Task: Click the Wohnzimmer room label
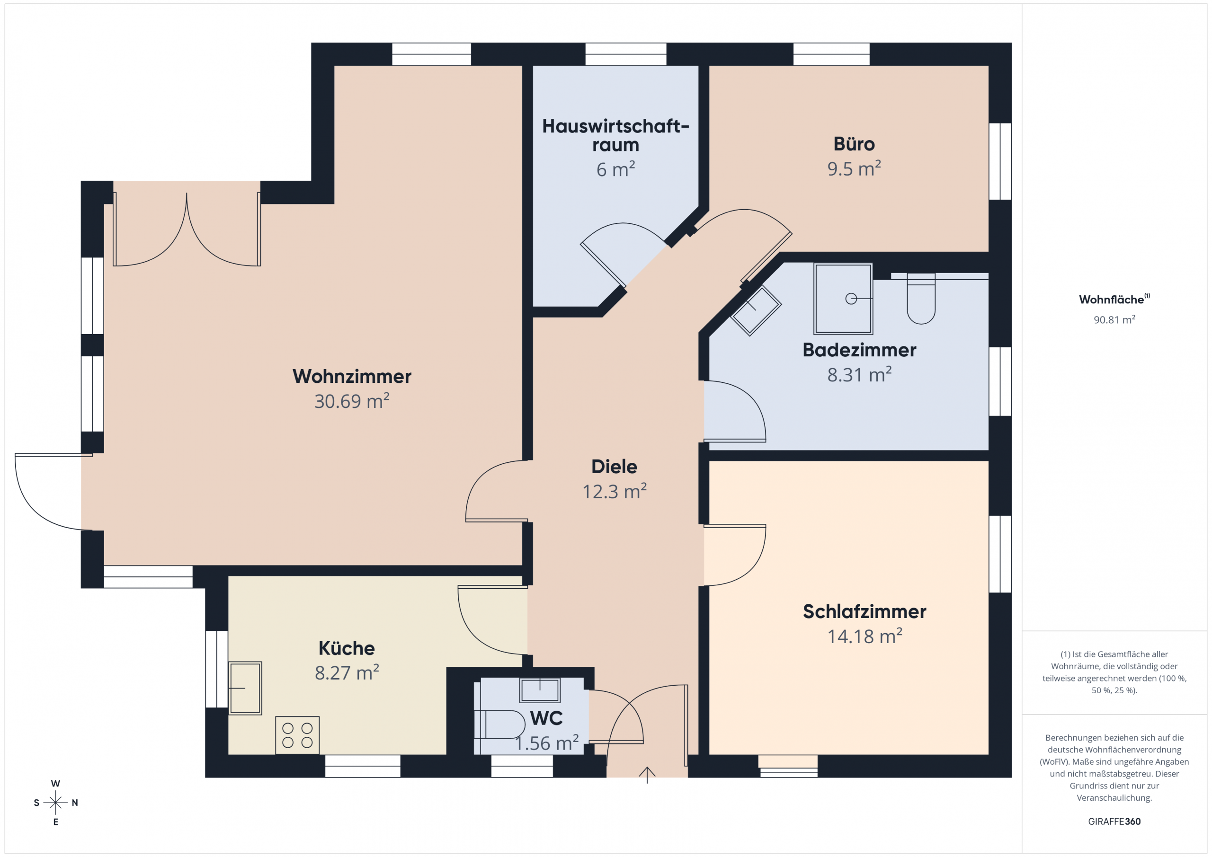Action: coord(352,376)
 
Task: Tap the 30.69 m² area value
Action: coord(352,401)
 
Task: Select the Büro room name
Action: coord(854,143)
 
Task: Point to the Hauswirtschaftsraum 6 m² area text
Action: coord(615,169)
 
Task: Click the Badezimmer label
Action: coord(859,350)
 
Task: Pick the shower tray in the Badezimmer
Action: coord(843,299)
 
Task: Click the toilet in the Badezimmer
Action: coord(921,299)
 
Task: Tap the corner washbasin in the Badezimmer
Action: coord(756,311)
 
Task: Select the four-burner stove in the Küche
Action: coord(297,735)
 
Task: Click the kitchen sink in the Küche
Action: coord(245,688)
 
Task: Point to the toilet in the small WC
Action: coord(499,724)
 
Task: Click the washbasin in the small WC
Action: coord(540,689)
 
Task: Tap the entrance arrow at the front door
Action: coord(647,775)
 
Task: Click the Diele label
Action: coord(614,467)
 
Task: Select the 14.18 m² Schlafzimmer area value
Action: coord(864,636)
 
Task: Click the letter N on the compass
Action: coord(75,803)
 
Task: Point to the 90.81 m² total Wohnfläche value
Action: coord(1114,320)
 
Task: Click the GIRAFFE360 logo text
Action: coord(1114,822)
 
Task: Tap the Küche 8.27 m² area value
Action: coord(347,673)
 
